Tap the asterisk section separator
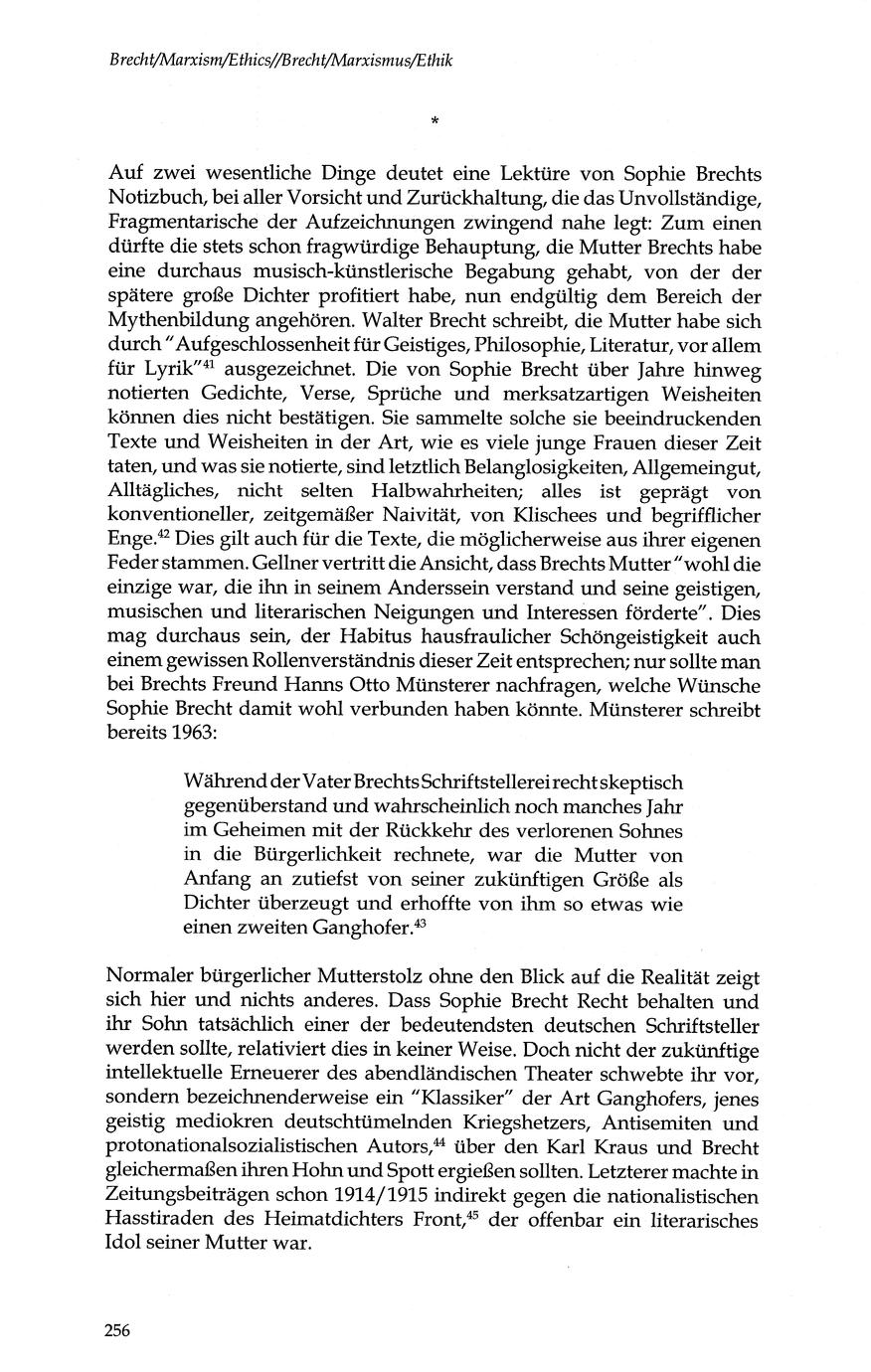[435, 121]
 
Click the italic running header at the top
[281, 60]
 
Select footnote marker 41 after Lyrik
[210, 363]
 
